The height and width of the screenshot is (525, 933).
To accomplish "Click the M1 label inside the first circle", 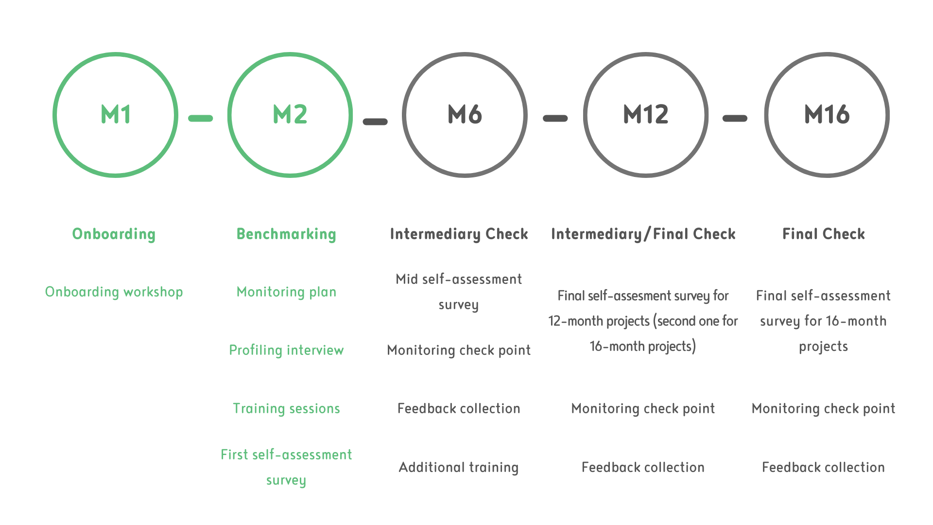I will point(116,115).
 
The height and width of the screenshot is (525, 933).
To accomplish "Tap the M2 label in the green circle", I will point(290,115).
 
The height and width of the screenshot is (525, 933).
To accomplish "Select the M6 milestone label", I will point(465,115).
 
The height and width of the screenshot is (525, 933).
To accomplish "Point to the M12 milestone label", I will point(646,115).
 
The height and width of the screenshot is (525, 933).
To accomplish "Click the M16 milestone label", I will point(827,115).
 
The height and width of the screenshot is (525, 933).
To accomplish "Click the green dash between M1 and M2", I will point(201,118).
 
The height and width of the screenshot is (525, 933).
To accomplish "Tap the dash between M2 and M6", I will point(375,122).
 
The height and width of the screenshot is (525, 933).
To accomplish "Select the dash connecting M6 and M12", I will point(555,118).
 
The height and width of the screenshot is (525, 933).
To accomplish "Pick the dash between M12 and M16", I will point(735,118).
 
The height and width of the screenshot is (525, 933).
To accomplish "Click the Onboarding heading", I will point(114,234).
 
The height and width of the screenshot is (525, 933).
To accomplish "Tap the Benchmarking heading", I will point(286,234).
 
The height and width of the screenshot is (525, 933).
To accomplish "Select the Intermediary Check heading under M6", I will point(459,234).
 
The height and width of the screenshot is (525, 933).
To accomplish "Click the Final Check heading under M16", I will point(824,234).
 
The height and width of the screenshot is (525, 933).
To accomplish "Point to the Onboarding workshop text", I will point(114,292).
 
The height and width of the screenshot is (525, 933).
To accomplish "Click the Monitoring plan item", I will point(286,292).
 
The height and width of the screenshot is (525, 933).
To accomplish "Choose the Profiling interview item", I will point(286,350).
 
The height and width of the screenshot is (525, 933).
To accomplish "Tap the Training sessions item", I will point(286,408).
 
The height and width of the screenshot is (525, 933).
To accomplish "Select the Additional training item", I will point(459,467).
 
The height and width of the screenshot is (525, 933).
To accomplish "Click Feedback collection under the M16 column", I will point(823,467).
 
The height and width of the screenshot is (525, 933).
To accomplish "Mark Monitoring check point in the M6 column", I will point(459,350).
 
